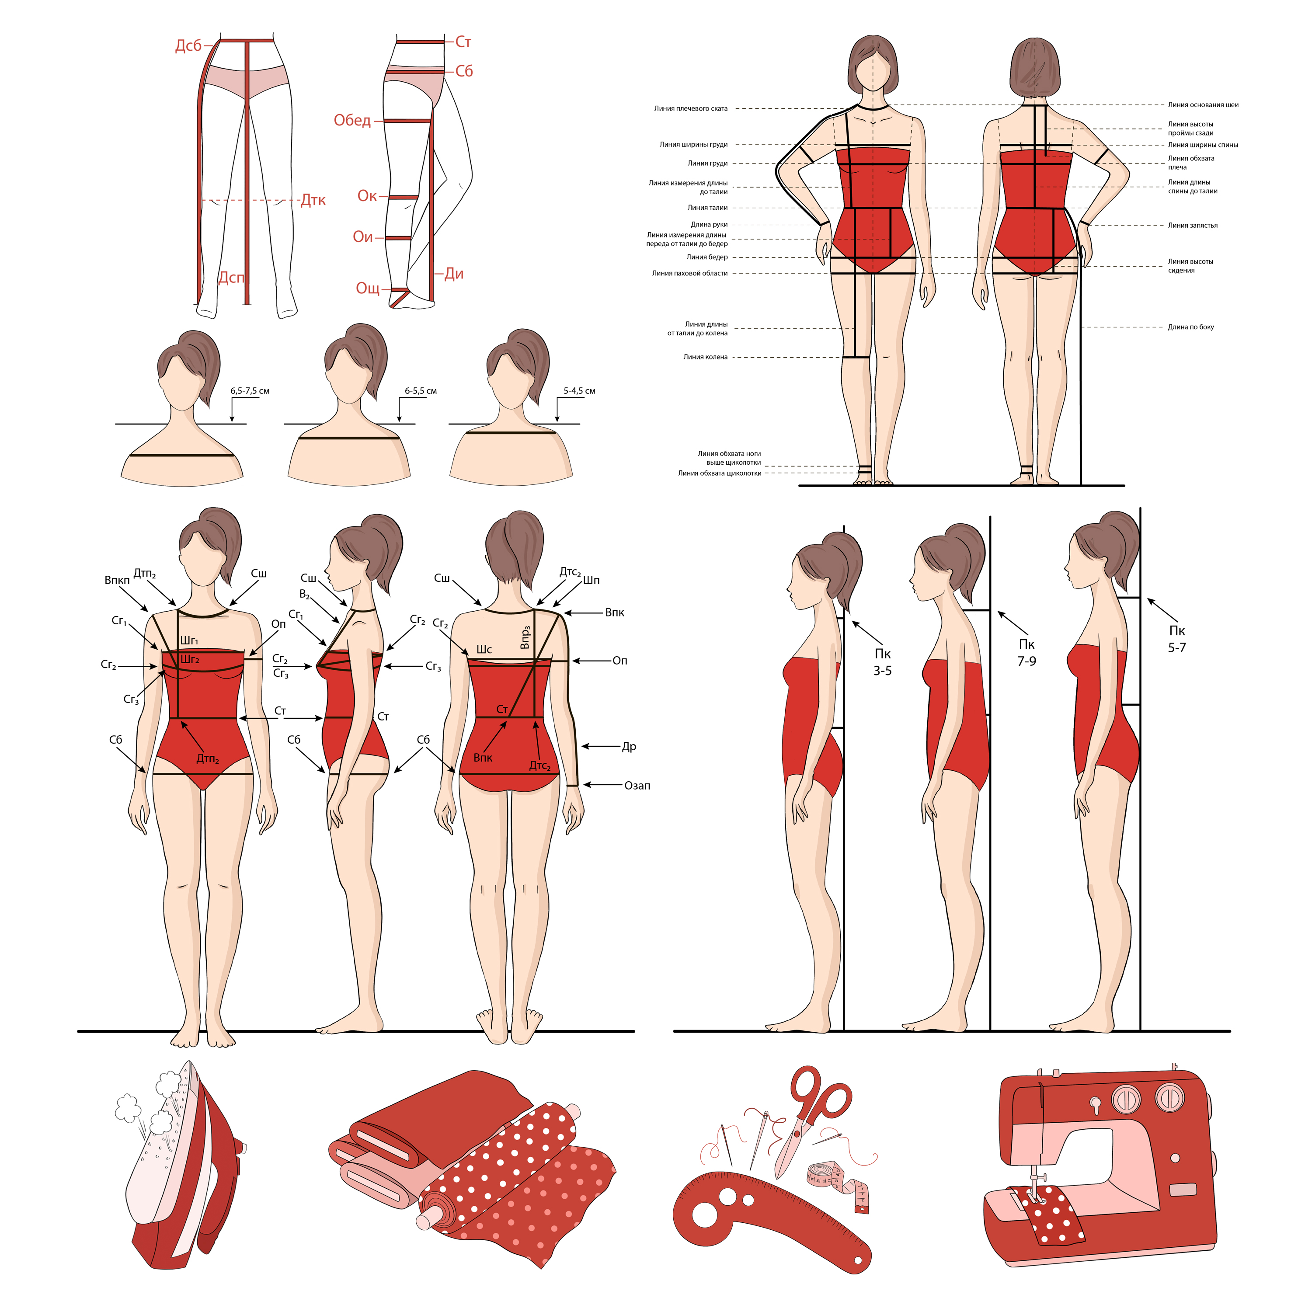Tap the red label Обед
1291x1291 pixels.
pyautogui.click(x=352, y=120)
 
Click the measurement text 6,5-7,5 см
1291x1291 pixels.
pyautogui.click(x=250, y=391)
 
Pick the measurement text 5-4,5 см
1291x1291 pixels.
pyautogui.click(x=579, y=391)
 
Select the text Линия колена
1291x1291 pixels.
pyautogui.click(x=705, y=357)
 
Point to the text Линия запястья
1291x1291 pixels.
pyautogui.click(x=1193, y=225)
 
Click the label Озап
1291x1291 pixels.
pyautogui.click(x=637, y=786)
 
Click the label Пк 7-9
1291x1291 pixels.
pyautogui.click(x=1027, y=652)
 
